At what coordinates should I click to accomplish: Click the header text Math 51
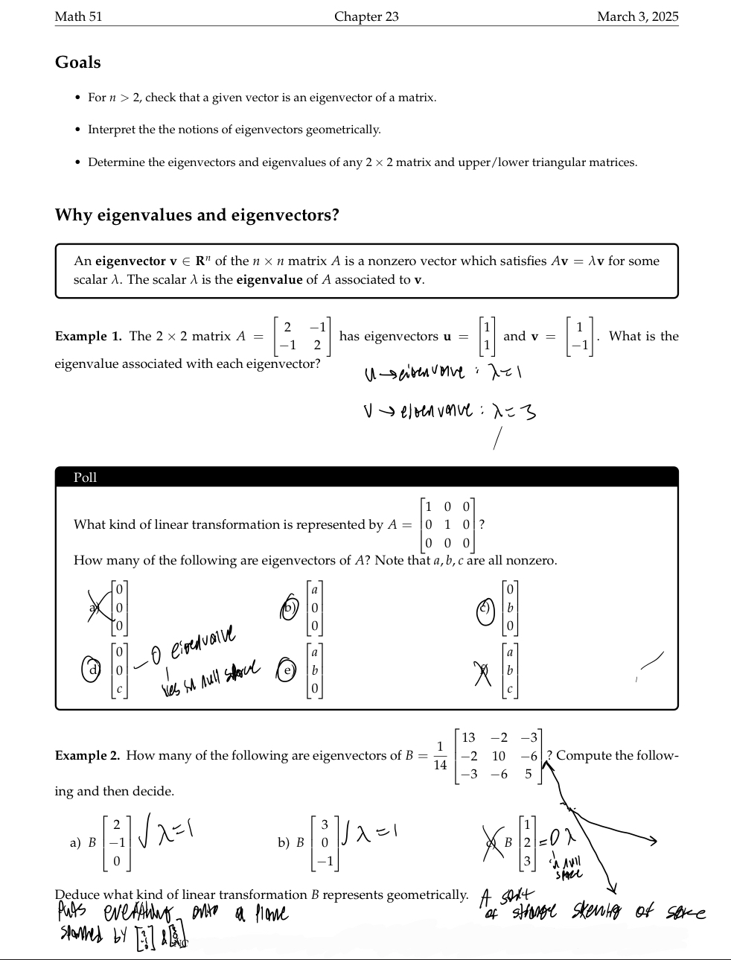click(78, 16)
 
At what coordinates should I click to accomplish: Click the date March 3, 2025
click(637, 16)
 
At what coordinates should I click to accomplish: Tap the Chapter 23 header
click(366, 16)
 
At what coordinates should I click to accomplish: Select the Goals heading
click(77, 63)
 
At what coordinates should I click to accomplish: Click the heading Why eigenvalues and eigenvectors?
click(197, 215)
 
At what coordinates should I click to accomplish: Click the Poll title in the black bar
click(85, 477)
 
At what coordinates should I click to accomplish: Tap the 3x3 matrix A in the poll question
click(447, 524)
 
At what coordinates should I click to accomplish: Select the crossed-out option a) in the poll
click(95, 607)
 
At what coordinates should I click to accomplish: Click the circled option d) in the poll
click(92, 669)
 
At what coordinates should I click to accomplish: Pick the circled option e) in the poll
click(287, 670)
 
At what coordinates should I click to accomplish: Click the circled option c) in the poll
click(485, 608)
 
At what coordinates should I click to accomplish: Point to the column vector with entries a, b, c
click(509, 670)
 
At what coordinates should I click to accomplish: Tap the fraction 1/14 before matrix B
click(440, 756)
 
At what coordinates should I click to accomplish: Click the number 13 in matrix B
click(468, 738)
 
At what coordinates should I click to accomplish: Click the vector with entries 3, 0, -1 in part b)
click(324, 843)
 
